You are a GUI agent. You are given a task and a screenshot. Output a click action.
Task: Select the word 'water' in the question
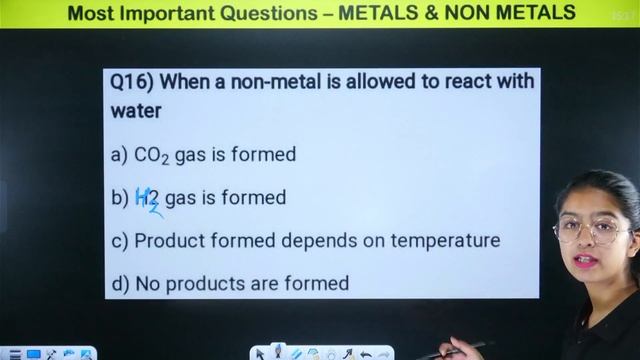136,111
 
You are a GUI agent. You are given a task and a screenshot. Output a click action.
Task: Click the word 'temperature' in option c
448,241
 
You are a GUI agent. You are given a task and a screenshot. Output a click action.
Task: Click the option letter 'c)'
120,241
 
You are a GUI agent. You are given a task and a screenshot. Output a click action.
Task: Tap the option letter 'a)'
120,155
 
